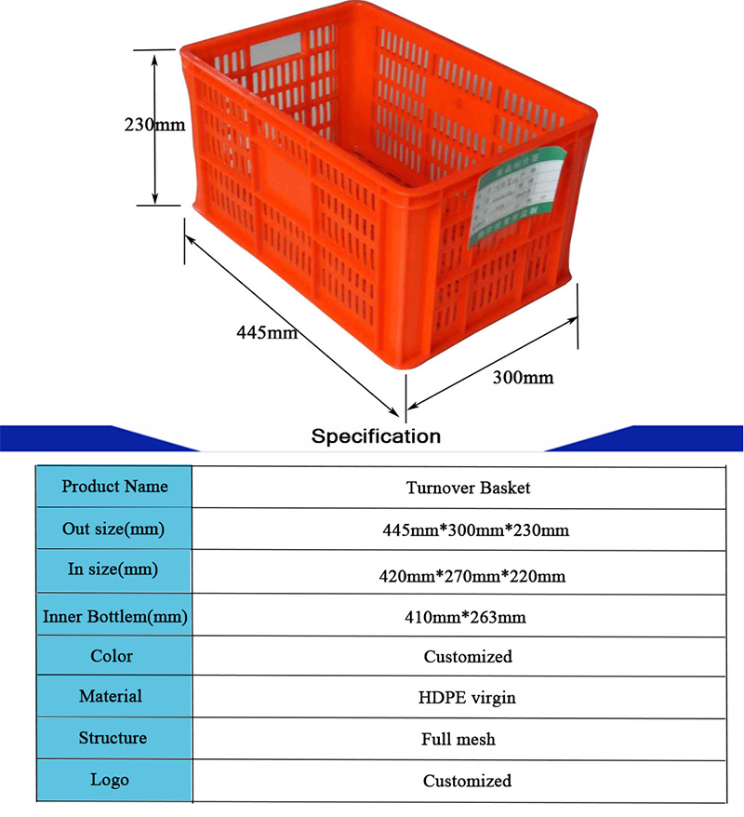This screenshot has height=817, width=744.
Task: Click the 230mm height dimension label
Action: click(x=154, y=124)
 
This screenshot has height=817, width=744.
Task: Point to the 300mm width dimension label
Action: click(x=523, y=377)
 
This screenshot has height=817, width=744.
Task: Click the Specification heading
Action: click(x=376, y=435)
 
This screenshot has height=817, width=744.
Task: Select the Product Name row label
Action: click(x=114, y=486)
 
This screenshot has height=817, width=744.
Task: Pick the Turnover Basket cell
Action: click(x=468, y=487)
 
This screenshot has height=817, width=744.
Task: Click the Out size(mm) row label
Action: click(x=113, y=529)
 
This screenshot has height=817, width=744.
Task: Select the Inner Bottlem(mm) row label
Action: click(x=115, y=615)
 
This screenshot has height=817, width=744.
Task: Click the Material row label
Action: click(x=111, y=695)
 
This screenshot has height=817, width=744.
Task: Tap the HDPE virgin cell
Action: click(x=468, y=697)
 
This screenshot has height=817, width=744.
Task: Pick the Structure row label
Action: click(x=113, y=738)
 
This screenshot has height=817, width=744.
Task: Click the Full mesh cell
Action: click(x=458, y=740)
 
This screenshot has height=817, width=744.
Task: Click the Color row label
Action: click(x=112, y=655)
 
